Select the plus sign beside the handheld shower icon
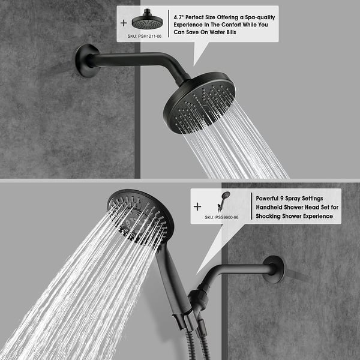coord(197,206)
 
